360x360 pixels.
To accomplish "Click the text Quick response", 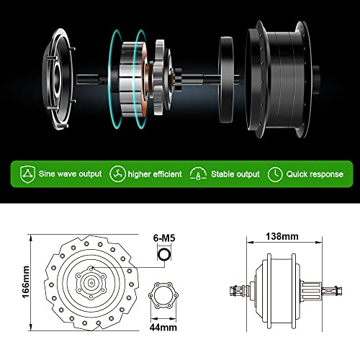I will point(314,174).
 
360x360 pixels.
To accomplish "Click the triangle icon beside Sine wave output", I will point(28,174).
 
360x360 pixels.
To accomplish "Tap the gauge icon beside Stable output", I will point(197,174).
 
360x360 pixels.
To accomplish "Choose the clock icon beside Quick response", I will point(274,174).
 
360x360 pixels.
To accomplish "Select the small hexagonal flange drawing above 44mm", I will point(162,300).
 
